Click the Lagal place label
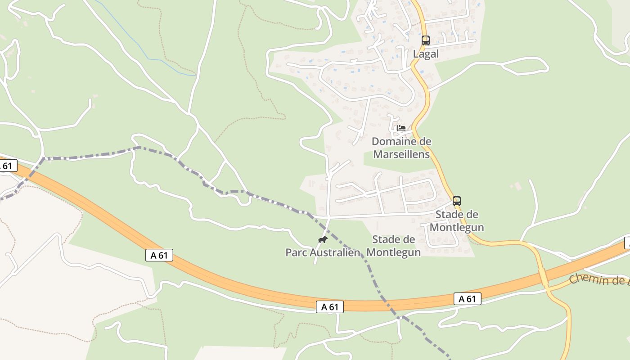click(425, 54)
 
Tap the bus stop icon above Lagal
click(425, 40)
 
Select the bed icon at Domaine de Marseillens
click(401, 128)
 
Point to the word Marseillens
click(401, 154)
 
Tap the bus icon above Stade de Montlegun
click(456, 201)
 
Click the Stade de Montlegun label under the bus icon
click(456, 221)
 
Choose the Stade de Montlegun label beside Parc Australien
click(394, 246)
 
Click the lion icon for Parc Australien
click(322, 239)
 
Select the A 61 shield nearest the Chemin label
click(467, 299)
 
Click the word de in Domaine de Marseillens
click(425, 142)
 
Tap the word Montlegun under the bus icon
click(456, 227)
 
